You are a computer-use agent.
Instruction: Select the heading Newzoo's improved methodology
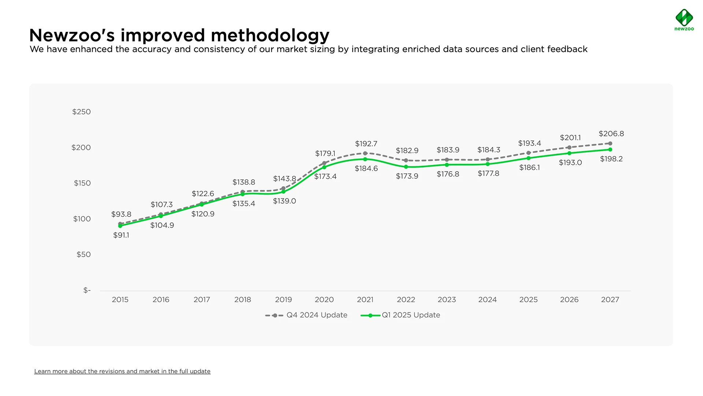click(179, 35)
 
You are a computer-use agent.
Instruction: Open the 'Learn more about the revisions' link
click(122, 371)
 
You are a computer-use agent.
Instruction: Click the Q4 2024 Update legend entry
click(306, 315)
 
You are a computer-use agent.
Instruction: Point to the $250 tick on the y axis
click(81, 112)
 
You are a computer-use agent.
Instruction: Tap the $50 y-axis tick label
click(83, 254)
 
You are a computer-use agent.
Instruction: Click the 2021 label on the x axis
click(365, 300)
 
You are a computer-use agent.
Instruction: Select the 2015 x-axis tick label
click(120, 300)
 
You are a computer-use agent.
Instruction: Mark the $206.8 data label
click(611, 134)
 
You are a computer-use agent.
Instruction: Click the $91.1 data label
click(121, 235)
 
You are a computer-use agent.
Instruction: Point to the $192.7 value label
click(366, 144)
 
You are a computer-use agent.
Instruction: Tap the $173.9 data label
click(407, 176)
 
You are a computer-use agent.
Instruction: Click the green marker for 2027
click(610, 150)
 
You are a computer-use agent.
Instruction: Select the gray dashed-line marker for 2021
click(365, 153)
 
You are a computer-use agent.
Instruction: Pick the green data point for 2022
click(406, 167)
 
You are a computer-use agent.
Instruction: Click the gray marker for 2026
click(569, 147)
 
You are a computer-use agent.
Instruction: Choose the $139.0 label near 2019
click(284, 201)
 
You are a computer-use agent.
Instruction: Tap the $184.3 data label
click(488, 150)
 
